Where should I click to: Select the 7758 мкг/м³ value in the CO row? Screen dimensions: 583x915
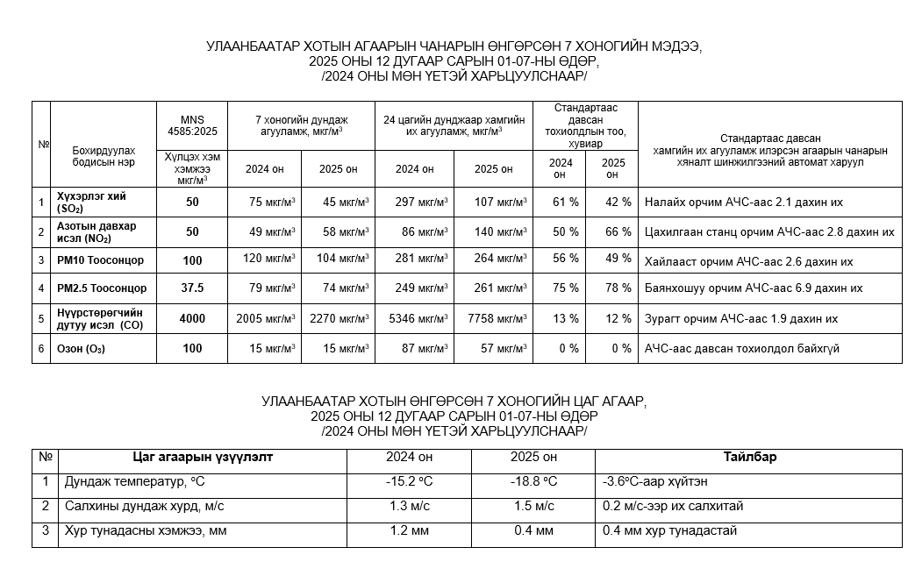[496, 319]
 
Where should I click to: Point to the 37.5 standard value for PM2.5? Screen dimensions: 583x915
[192, 288]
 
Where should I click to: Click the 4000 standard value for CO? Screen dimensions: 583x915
[192, 319]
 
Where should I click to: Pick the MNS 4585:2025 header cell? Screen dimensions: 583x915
[192, 125]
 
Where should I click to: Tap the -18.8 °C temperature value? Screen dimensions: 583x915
[533, 482]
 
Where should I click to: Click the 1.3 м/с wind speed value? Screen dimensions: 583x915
[409, 507]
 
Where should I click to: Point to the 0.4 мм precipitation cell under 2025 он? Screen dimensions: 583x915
[533, 531]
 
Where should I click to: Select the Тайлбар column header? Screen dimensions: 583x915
[749, 458]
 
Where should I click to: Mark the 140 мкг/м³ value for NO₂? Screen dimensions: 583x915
[496, 232]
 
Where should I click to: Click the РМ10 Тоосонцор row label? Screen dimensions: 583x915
[101, 260]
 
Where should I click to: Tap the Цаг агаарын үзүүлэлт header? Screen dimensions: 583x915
[203, 458]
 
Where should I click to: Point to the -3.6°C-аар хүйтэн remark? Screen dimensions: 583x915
[654, 482]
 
